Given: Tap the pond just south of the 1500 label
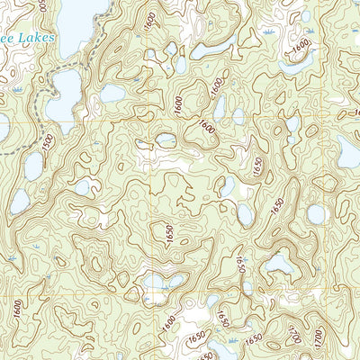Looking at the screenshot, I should click(33, 166).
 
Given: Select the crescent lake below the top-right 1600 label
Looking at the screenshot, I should click(292, 65).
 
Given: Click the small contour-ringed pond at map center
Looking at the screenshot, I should click(166, 140).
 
